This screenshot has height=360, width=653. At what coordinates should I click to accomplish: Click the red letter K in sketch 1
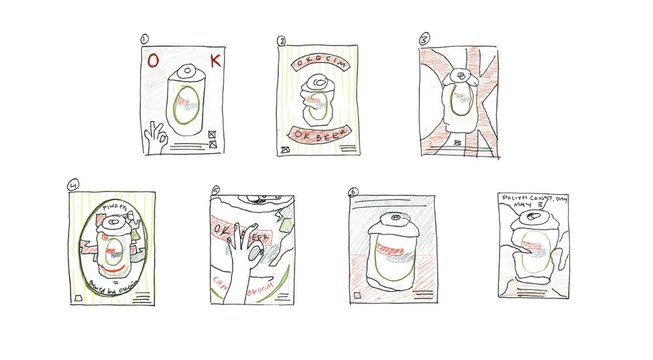(216, 61)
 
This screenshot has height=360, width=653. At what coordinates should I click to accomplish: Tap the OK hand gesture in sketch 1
(155, 137)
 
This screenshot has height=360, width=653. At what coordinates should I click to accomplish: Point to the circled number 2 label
(281, 41)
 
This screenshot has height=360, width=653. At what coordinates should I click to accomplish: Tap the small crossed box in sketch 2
(284, 150)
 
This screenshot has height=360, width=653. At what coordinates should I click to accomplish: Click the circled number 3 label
(423, 39)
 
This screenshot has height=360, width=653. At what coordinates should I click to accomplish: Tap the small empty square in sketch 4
(78, 298)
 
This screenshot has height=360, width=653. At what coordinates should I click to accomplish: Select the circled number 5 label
(215, 191)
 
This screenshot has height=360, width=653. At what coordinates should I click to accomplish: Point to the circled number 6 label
(353, 192)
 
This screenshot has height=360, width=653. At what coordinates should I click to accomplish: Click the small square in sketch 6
(357, 296)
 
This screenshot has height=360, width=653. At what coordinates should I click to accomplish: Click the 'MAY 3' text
(530, 205)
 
